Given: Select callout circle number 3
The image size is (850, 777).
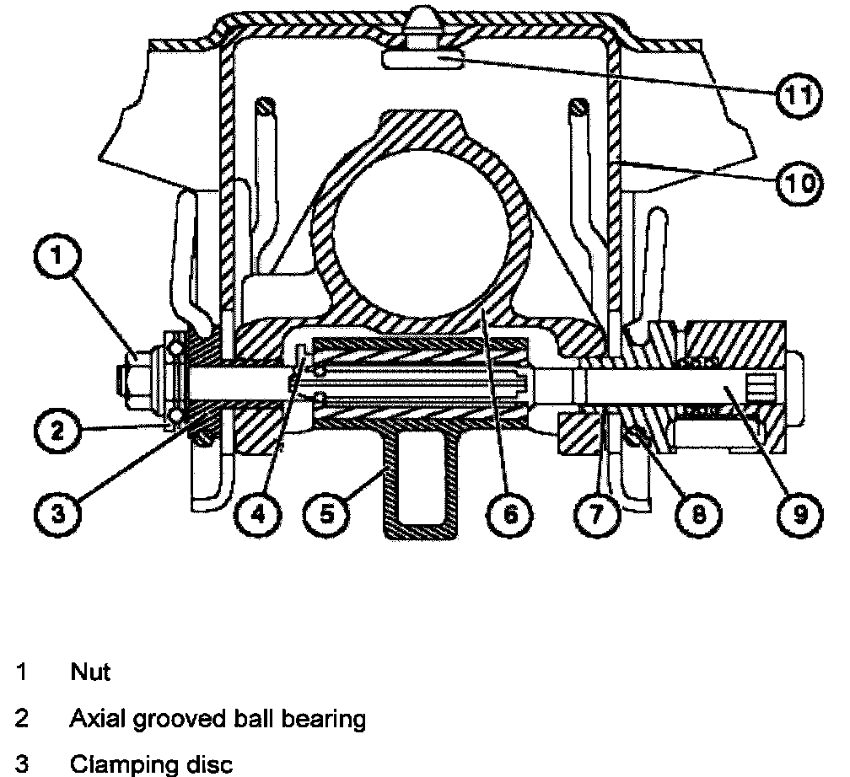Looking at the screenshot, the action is (x=56, y=512).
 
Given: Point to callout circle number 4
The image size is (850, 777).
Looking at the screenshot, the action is (x=256, y=512).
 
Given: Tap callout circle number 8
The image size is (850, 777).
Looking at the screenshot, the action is (x=698, y=512).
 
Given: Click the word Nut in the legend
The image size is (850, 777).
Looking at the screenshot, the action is (x=90, y=673).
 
